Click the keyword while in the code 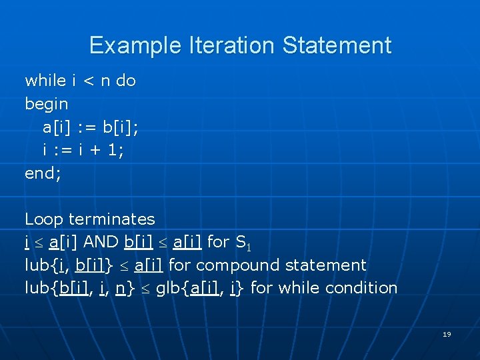coord(45,81)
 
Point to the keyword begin coord(47,104)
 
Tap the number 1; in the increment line coord(117,150)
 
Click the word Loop coord(44,219)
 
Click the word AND coord(104,242)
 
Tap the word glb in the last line coord(167,288)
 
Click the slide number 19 coord(447,334)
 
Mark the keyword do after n coord(126,81)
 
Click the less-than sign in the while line coord(87,81)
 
